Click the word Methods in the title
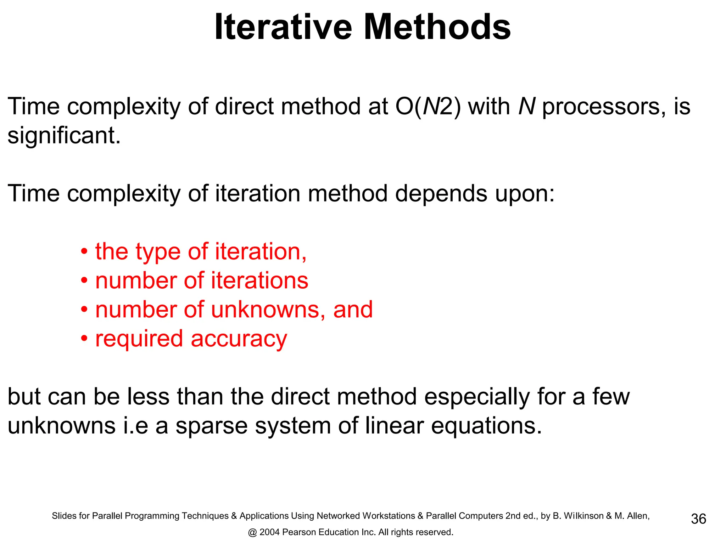[x=437, y=27]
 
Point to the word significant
[x=64, y=136]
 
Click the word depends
[x=441, y=194]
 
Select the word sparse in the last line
[x=212, y=426]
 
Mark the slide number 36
[x=698, y=519]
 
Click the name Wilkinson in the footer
[x=583, y=516]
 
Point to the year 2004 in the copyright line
[x=269, y=532]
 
